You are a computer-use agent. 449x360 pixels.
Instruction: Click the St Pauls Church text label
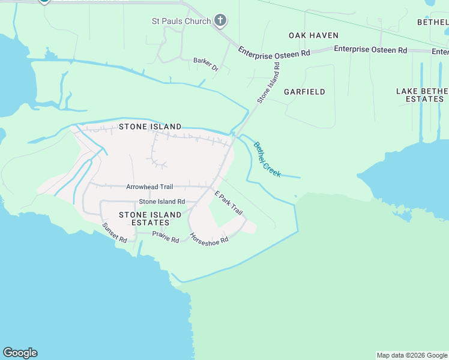pos(181,22)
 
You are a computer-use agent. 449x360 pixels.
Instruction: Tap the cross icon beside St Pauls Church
pos(221,21)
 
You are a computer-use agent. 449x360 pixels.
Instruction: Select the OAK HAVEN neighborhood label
pos(313,35)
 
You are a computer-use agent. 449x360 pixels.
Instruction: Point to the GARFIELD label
pos(304,92)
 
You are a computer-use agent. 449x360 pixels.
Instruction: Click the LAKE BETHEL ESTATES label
pos(422,95)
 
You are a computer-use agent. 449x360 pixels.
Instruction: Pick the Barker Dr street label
pos(206,61)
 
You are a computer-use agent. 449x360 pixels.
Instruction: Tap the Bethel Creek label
pos(267,159)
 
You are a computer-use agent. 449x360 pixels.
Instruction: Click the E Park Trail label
pos(229,203)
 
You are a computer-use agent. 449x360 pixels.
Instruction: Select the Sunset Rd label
pos(114,232)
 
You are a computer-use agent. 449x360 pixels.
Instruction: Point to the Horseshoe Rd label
pos(209,238)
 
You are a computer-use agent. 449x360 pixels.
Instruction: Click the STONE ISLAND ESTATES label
pos(150,218)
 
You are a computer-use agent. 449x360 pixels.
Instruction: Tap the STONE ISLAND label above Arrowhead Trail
pos(150,127)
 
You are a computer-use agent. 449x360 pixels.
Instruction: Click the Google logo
pos(20,353)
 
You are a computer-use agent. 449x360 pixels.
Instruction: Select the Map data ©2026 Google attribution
pos(412,355)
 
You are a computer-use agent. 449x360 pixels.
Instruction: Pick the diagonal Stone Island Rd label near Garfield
pos(269,82)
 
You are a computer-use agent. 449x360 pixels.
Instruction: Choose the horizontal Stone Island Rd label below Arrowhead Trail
pos(162,202)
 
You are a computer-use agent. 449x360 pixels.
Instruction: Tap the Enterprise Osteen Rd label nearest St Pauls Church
pos(274,53)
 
